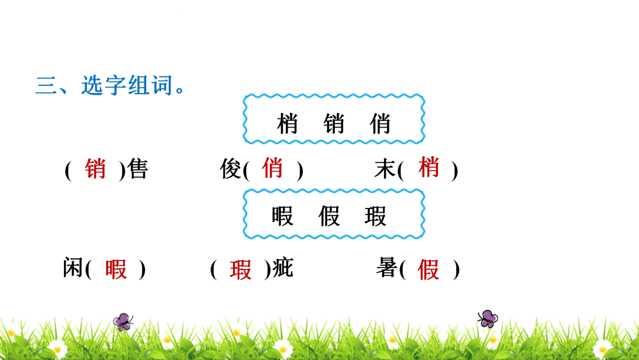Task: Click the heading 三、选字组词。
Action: click(x=111, y=86)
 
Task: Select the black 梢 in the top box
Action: click(x=288, y=124)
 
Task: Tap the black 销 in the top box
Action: click(x=334, y=124)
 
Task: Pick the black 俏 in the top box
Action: click(x=380, y=124)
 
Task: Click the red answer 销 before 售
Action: click(x=95, y=168)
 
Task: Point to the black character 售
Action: click(x=137, y=169)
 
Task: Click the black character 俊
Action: click(x=231, y=169)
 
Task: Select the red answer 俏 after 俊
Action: click(x=272, y=168)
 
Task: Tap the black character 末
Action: click(x=385, y=169)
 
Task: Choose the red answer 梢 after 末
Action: click(x=429, y=167)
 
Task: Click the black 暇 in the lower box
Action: click(x=282, y=216)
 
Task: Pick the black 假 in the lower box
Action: click(x=329, y=216)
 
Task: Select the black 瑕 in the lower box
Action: click(x=375, y=216)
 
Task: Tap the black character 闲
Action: click(x=73, y=268)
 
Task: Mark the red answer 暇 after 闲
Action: click(x=116, y=269)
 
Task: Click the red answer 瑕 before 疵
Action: click(x=240, y=269)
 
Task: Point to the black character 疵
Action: click(x=283, y=268)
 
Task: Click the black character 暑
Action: click(x=386, y=268)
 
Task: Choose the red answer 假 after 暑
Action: click(x=428, y=269)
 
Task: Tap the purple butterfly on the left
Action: click(x=123, y=322)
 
